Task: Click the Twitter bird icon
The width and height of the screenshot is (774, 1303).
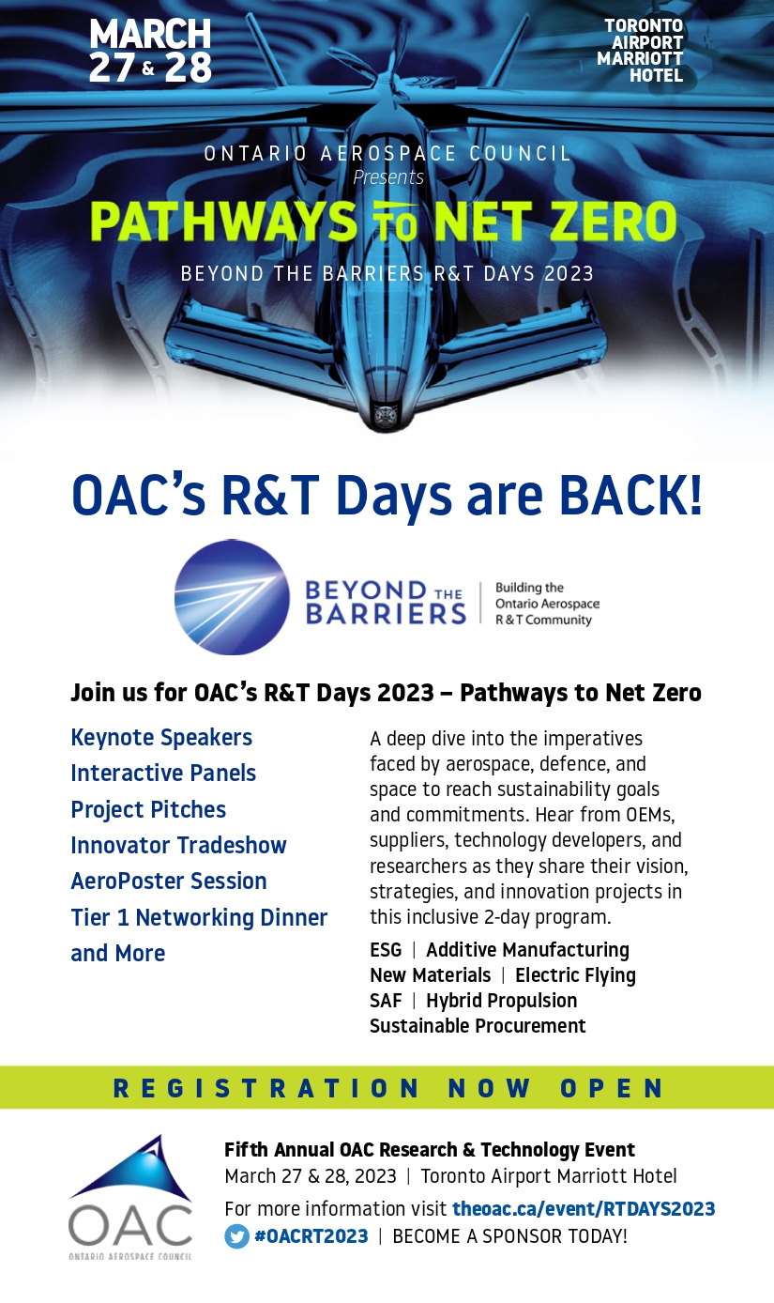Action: [x=236, y=1235]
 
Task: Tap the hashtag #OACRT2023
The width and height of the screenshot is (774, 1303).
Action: [x=311, y=1235]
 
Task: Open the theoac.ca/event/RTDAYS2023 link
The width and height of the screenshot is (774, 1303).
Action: [x=584, y=1208]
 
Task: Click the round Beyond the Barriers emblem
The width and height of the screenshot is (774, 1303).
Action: [x=232, y=597]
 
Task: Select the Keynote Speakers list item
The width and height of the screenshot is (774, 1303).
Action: [x=161, y=737]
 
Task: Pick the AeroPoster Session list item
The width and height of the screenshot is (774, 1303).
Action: [x=169, y=881]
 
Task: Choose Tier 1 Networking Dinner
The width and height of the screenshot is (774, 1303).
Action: [x=199, y=917]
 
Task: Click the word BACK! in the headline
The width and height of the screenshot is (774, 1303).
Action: [x=630, y=495]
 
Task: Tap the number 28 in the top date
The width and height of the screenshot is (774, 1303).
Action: [x=188, y=67]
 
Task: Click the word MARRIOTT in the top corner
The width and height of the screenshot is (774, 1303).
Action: [x=640, y=59]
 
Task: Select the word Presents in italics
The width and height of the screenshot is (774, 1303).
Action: [x=388, y=176]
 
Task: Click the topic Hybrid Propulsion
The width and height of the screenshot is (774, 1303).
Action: [x=501, y=1000]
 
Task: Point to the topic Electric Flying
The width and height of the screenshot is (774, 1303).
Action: [x=575, y=974]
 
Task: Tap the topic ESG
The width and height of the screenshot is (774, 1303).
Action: [x=386, y=949]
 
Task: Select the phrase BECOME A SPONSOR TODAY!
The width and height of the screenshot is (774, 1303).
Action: [x=510, y=1235]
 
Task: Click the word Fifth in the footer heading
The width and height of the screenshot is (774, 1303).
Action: [x=246, y=1149]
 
